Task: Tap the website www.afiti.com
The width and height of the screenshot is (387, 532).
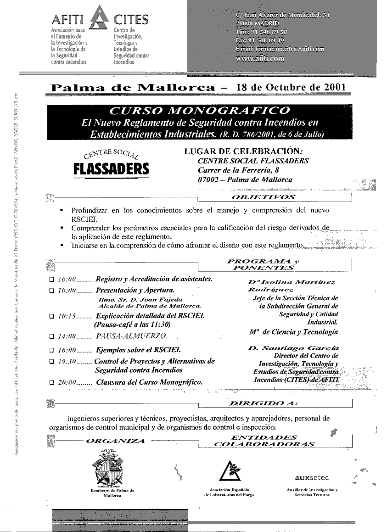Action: click(260, 58)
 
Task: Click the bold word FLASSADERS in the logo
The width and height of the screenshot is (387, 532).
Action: click(112, 169)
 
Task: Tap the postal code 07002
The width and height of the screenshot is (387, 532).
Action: click(208, 180)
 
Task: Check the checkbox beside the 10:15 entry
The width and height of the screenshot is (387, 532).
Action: click(51, 316)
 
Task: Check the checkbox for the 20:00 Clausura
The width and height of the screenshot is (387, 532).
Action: click(51, 382)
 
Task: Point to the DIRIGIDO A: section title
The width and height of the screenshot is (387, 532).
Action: click(263, 403)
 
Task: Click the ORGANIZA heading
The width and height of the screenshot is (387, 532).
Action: click(115, 441)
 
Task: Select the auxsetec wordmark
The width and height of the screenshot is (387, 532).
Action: click(312, 477)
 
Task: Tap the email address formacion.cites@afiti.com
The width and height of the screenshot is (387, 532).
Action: click(280, 49)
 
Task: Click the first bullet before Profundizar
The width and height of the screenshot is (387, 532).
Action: click(62, 211)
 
